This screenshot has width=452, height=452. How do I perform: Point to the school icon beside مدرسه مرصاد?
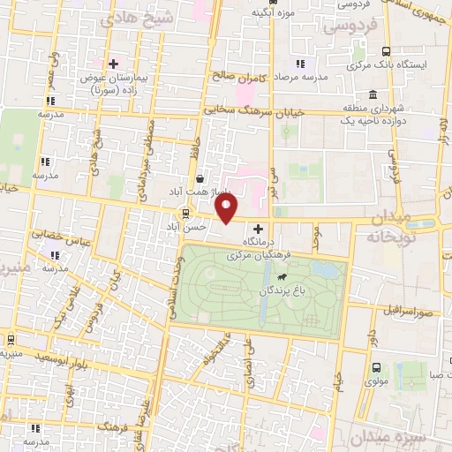coord(300,63)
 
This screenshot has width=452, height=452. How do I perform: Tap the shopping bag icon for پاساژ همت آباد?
coord(200,177)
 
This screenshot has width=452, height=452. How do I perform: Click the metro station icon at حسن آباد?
coord(185,213)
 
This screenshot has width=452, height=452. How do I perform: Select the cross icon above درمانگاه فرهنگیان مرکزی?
coord(258,229)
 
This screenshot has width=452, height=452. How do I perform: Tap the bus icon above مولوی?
coord(378,367)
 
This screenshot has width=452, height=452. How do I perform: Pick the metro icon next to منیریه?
coord(10,340)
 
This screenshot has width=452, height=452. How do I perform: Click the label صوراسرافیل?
coord(405,311)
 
